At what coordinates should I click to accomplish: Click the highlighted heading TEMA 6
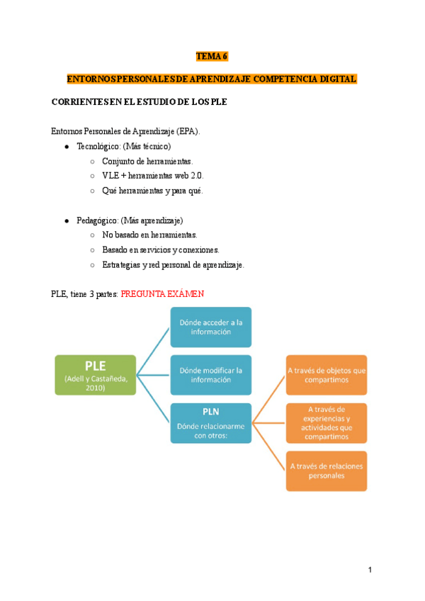212,56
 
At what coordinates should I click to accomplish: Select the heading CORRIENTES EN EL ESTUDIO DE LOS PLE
139,102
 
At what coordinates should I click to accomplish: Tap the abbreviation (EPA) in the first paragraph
188,131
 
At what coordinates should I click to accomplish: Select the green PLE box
96,374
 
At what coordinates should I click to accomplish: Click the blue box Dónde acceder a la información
210,327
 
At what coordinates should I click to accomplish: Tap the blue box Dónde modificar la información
210,375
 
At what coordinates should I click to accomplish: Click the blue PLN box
210,422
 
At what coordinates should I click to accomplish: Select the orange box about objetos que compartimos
327,375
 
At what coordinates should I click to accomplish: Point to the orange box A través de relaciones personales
327,471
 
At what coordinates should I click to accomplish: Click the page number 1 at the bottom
370,570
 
